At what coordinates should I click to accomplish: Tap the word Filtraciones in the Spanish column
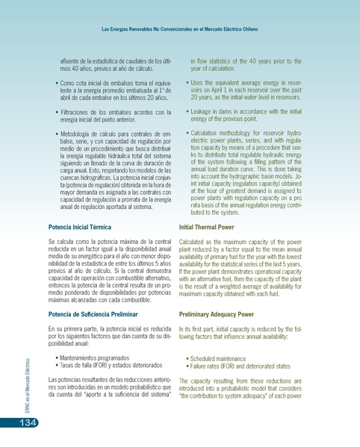(77, 113)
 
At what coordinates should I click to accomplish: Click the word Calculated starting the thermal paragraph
(195, 222)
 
